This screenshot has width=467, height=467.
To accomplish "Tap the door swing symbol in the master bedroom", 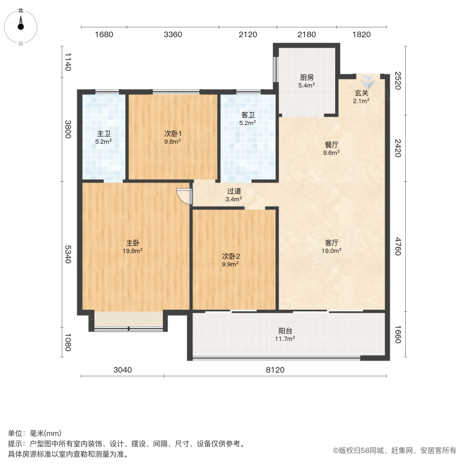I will (185, 196).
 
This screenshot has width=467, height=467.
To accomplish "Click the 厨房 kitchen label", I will (306, 77).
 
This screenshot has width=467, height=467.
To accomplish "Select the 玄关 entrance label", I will (362, 93).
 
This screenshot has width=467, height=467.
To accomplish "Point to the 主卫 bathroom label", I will (104, 133).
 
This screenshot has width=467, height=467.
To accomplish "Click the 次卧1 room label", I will (173, 133).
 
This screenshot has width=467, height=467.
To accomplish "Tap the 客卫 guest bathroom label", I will (248, 115).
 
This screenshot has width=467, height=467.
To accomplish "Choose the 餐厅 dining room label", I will (331, 145).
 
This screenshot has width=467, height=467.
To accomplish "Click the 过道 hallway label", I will (234, 191).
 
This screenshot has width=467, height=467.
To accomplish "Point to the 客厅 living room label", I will (332, 242).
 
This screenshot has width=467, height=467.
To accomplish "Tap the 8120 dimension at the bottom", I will (276, 370).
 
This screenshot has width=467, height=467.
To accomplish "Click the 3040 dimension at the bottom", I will (123, 370).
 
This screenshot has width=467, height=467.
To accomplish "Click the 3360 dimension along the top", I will (173, 35).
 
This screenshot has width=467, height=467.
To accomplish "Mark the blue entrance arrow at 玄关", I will (368, 81).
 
